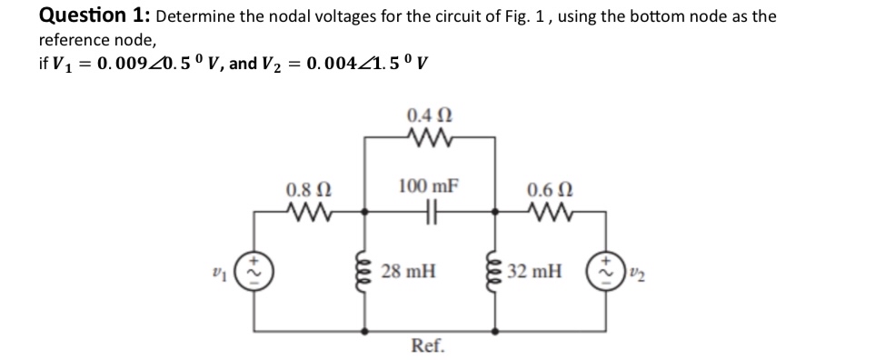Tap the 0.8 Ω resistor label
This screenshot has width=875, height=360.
(x=302, y=192)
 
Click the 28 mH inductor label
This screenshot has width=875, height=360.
(x=408, y=270)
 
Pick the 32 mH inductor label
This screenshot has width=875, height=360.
(x=535, y=270)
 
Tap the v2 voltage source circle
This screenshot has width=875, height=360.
(x=603, y=271)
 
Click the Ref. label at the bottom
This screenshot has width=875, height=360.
(x=428, y=345)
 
